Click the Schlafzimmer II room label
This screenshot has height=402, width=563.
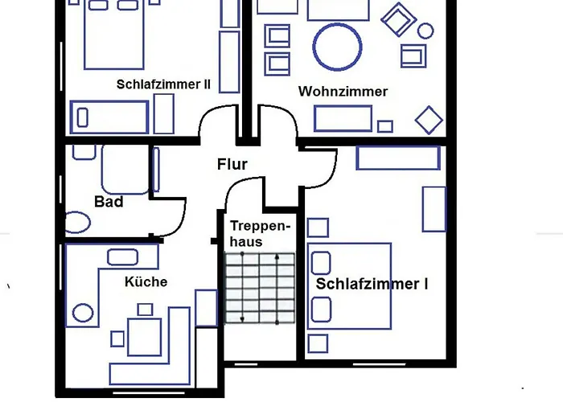coord(163,84)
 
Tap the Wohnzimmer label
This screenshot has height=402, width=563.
coord(343,92)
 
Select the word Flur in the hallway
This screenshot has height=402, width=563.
coord(232,166)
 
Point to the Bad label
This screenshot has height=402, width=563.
coord(109,202)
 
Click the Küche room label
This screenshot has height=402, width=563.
coord(146,281)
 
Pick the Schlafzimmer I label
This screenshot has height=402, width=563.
coord(372,284)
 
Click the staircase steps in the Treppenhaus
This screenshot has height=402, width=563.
coord(259,288)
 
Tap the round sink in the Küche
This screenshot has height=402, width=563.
coord(82,311)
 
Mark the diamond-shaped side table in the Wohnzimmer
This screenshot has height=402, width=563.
coord(429,121)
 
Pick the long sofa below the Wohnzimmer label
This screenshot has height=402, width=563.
coord(343,117)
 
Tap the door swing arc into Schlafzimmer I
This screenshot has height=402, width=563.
coord(320,169)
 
